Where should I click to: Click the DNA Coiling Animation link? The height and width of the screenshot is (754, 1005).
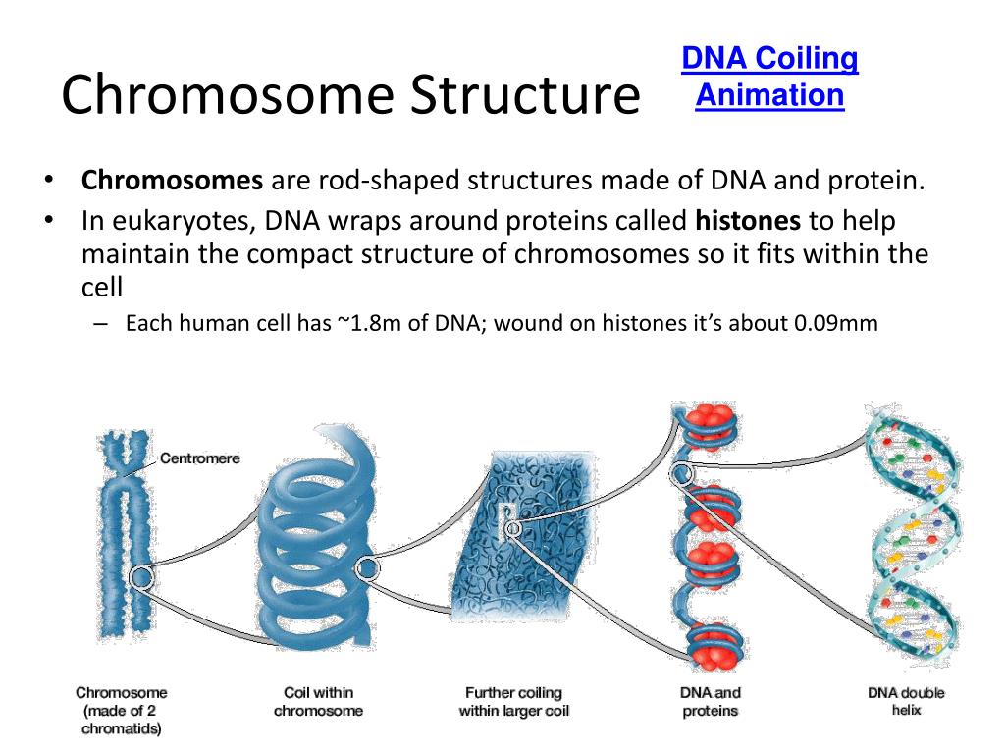(769, 78)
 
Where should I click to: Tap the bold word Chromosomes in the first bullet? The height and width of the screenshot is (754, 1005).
(173, 182)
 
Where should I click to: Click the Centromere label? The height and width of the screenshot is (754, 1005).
(199, 458)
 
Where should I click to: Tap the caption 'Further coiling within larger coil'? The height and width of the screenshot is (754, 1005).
(513, 702)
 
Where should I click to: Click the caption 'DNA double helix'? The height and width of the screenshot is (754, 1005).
(906, 701)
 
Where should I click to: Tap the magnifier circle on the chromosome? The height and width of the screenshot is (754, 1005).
(141, 577)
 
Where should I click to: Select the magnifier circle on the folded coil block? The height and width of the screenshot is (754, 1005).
(511, 529)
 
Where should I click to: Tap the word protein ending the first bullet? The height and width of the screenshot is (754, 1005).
(884, 182)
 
